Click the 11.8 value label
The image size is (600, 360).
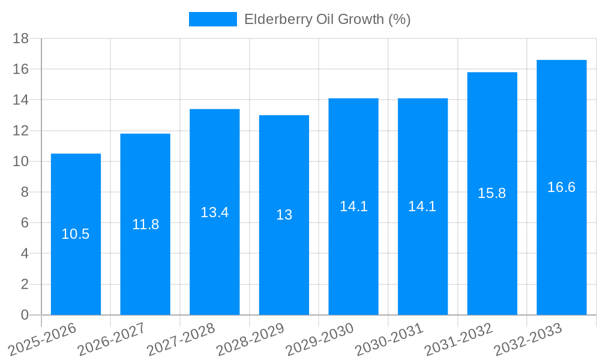coord(145,224)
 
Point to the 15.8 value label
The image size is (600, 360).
coord(491,193)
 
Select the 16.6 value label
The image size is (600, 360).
coord(561,187)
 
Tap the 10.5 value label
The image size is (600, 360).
coord(76,234)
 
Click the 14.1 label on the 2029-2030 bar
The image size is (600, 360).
coord(353,206)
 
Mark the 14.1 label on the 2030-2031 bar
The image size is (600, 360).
coord(422,206)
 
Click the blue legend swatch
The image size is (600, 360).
coord(212,19)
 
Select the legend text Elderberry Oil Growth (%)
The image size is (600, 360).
coord(327,19)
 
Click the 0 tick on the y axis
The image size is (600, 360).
coord(25,315)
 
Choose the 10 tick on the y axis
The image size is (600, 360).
coord(21,161)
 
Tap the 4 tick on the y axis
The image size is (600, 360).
coord(25,254)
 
